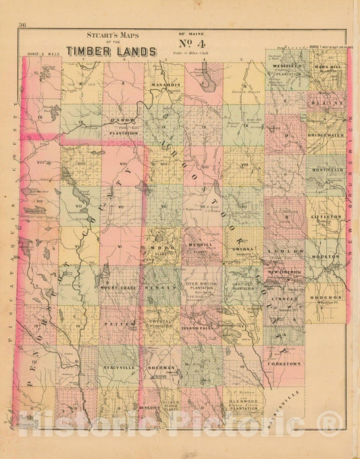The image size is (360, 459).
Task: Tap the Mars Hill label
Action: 326,67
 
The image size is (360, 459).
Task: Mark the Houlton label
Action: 325,257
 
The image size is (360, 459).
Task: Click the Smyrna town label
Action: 241,248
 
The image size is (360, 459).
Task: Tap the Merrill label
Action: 201,244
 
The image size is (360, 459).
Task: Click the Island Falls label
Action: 198,327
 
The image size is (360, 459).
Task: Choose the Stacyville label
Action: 119,368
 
